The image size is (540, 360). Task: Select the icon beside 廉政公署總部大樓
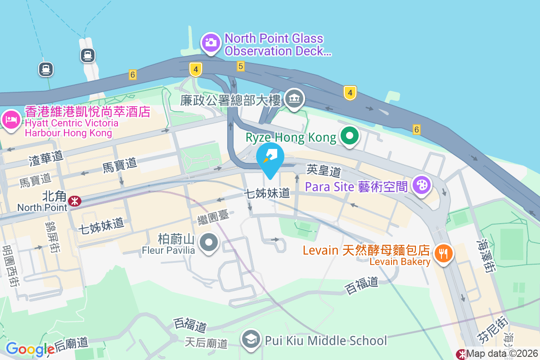[x=295, y=99]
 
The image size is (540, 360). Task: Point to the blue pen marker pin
[x=270, y=157]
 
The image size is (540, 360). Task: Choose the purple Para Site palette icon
[x=422, y=185]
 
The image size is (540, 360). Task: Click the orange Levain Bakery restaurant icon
[x=444, y=253]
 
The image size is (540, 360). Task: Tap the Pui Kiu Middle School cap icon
[x=251, y=340]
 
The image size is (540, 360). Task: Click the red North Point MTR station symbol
[x=75, y=200]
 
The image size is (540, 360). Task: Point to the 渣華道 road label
[x=46, y=157]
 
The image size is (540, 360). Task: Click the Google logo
[x=30, y=349]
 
